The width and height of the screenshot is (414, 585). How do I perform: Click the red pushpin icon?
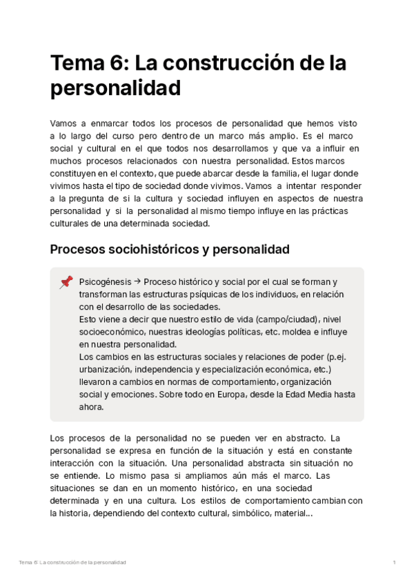tap(66, 281)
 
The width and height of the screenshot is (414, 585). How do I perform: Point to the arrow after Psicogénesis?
tap(137, 282)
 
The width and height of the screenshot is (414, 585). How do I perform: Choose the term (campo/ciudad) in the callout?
tap(285, 319)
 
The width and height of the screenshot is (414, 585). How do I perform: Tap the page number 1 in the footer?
tap(394, 563)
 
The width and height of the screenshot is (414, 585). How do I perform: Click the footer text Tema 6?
tap(28, 563)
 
